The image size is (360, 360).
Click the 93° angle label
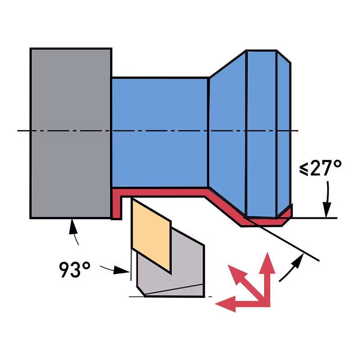[75, 269]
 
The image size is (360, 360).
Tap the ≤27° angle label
[320, 168]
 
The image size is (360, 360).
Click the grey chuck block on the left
[71, 133]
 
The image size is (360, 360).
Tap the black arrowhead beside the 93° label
[121, 270]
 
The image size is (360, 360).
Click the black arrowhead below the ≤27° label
[327, 209]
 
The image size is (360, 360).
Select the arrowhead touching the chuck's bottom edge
[73, 226]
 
